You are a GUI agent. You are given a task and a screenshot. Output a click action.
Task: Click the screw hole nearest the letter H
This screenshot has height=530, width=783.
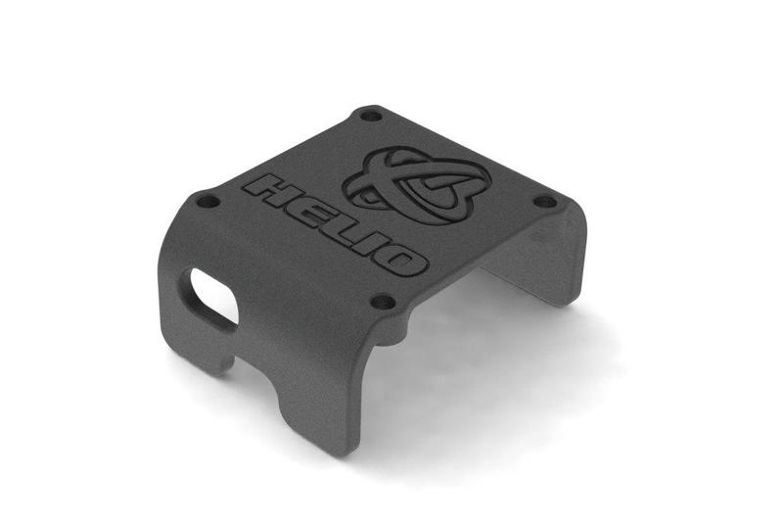click(x=207, y=203)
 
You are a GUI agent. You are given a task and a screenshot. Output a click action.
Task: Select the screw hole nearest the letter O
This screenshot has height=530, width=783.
click(x=384, y=302)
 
